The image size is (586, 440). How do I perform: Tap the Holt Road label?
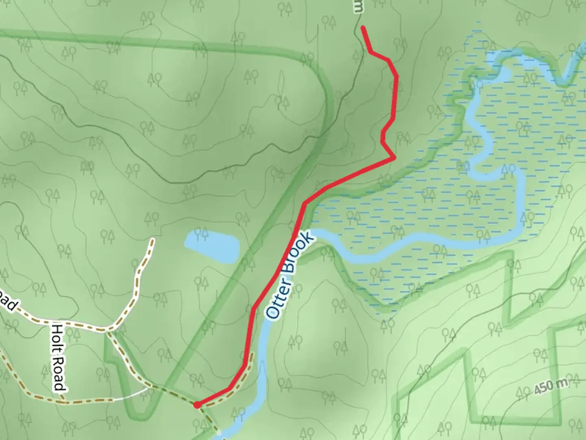[59, 358]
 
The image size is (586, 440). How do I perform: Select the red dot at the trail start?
[197, 405]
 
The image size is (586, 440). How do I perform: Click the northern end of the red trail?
[362, 27]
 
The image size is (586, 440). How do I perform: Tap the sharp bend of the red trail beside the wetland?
[394, 157]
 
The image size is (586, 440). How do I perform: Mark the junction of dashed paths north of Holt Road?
[107, 328]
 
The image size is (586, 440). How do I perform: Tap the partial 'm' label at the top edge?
[358, 6]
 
